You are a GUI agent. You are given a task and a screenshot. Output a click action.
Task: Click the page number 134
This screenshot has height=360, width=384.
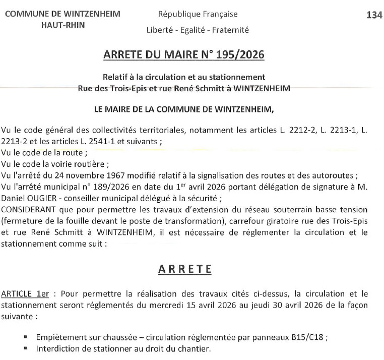pos(374,15)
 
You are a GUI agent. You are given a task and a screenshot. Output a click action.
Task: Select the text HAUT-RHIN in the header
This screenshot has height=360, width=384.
pos(63,25)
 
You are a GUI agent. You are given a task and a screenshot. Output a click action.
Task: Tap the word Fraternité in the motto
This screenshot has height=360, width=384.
pos(231,30)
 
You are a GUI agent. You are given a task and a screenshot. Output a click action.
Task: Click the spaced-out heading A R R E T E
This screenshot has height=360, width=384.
pos(185,269)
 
